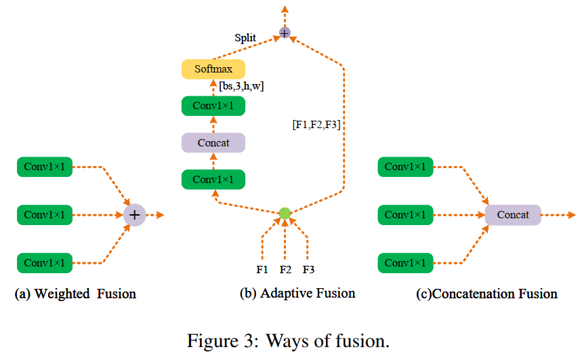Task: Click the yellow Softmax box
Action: click(x=213, y=69)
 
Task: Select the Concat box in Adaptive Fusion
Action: click(x=213, y=142)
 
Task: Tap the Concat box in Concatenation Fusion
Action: click(x=513, y=215)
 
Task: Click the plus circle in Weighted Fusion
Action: click(x=134, y=215)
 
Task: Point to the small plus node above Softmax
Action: click(x=285, y=33)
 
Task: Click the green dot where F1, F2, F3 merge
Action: click(x=285, y=214)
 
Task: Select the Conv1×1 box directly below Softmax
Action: click(x=213, y=106)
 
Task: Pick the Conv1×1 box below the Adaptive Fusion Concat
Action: click(x=213, y=180)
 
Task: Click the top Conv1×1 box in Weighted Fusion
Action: click(x=45, y=167)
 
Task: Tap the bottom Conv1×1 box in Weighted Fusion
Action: click(x=45, y=263)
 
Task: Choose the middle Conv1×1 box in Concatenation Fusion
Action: click(x=405, y=215)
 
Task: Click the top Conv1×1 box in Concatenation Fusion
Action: click(x=405, y=167)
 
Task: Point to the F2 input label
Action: click(x=285, y=269)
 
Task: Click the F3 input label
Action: click(x=308, y=269)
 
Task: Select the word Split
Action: click(x=245, y=38)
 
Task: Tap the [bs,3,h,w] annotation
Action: click(x=241, y=86)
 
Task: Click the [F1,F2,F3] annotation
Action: click(x=316, y=125)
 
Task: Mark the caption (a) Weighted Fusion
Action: click(x=75, y=294)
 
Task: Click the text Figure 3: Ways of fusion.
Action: click(x=288, y=341)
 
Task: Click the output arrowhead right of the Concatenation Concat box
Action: click(x=572, y=215)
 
